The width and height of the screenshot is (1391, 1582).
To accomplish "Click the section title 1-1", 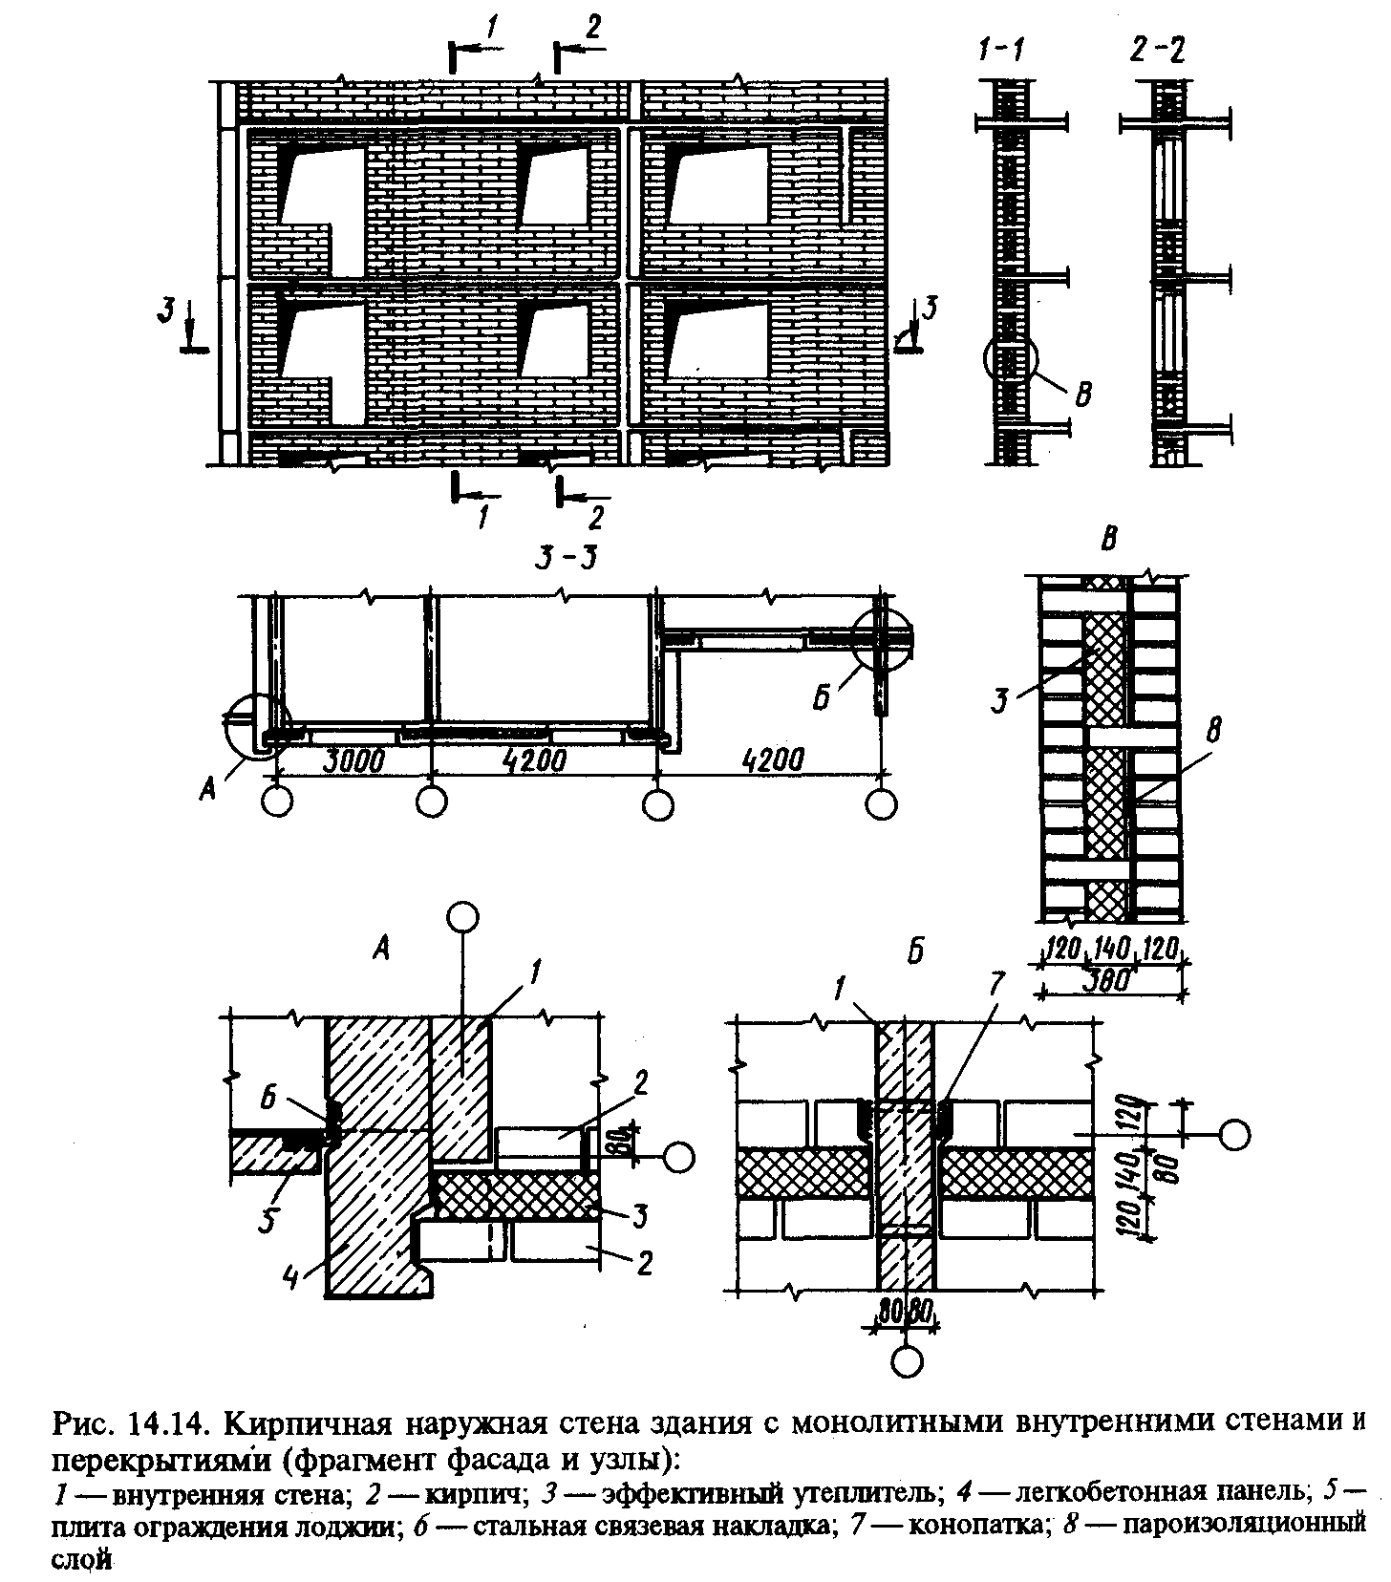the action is tap(1002, 49).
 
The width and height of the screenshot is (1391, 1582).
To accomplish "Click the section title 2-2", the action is tap(1158, 49).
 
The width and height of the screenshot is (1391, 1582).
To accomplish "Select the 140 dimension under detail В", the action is tap(1112, 950).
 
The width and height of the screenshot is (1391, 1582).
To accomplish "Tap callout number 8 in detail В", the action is tap(1215, 733).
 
